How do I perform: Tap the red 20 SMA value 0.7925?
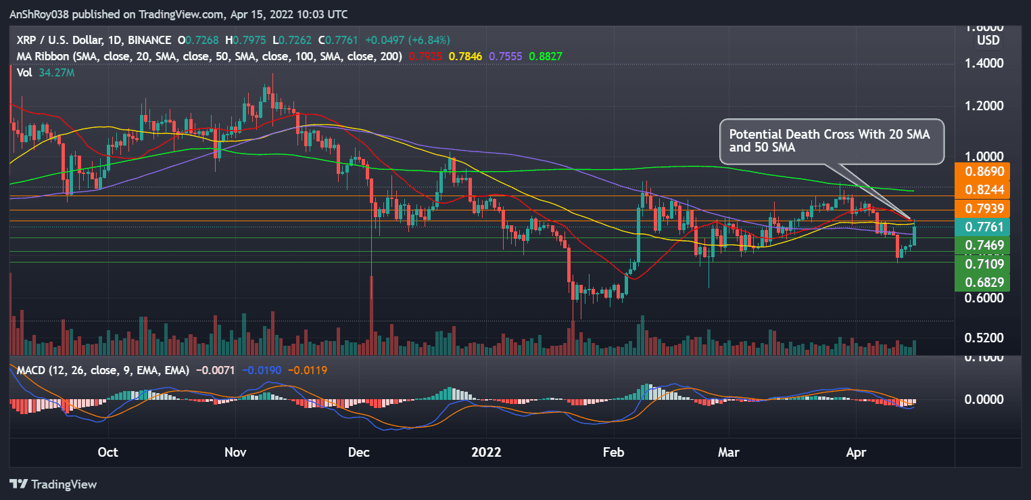(x=425, y=56)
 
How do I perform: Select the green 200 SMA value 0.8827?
(x=546, y=56)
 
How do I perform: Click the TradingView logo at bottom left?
(x=53, y=484)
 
